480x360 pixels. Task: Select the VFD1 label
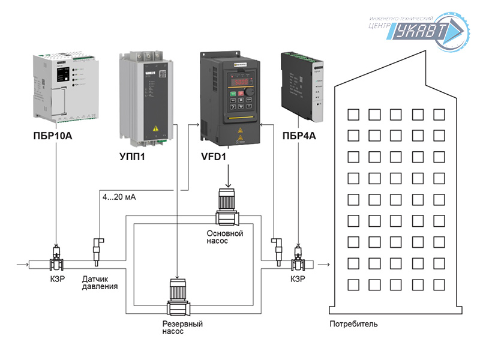214,158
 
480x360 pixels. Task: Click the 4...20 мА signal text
119,197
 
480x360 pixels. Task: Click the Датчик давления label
100,282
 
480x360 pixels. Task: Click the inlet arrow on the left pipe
23,263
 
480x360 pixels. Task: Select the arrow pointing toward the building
325,263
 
